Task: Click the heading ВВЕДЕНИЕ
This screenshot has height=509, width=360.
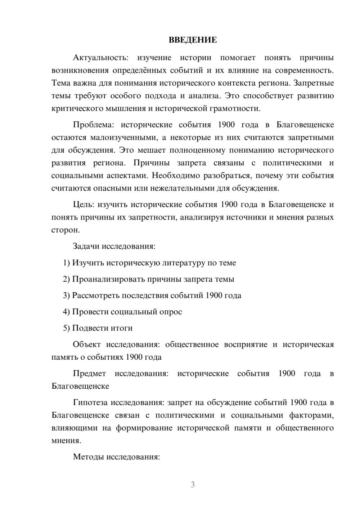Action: (193, 40)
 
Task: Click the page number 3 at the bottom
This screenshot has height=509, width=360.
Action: (193, 485)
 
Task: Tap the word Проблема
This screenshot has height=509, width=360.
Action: (93, 125)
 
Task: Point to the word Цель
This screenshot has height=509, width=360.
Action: (83, 204)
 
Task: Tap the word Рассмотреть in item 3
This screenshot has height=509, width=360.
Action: (96, 296)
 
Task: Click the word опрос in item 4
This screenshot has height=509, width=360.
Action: (170, 312)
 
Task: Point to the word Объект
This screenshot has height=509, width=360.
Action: (87, 344)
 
